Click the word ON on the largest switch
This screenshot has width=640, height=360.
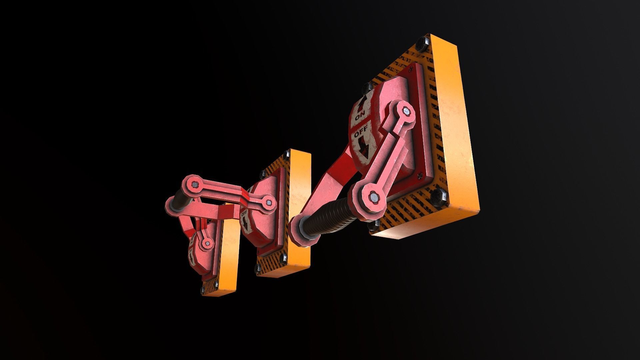[x=360, y=117]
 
